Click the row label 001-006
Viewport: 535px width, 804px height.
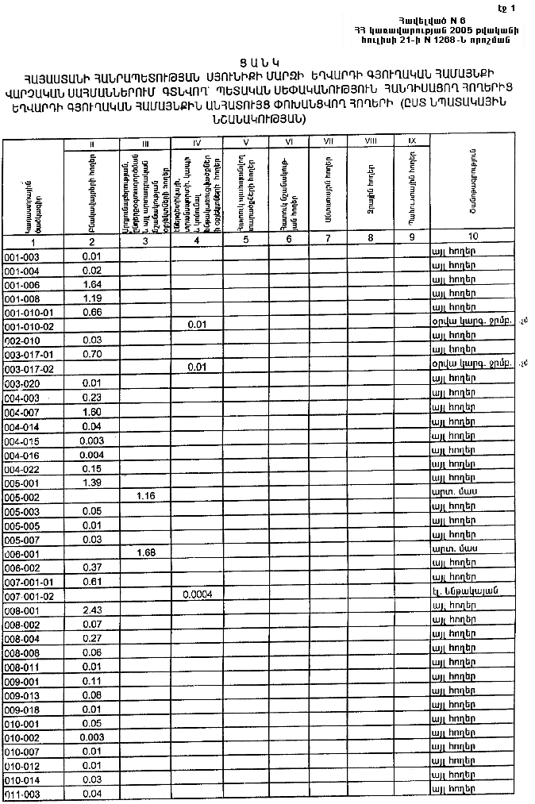tap(22, 284)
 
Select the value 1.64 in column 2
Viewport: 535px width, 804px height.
tap(92, 284)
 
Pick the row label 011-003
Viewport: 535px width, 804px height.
tap(22, 794)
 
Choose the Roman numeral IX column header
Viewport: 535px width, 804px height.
tap(412, 140)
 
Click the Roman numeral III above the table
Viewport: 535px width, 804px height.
tap(144, 143)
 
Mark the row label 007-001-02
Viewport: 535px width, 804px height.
tap(29, 594)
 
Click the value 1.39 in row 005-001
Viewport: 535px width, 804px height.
tap(92, 483)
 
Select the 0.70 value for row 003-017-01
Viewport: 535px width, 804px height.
tap(92, 354)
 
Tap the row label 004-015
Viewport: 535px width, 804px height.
tap(22, 440)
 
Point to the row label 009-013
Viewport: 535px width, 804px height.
tap(22, 695)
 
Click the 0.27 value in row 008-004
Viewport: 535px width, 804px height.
tap(92, 637)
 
